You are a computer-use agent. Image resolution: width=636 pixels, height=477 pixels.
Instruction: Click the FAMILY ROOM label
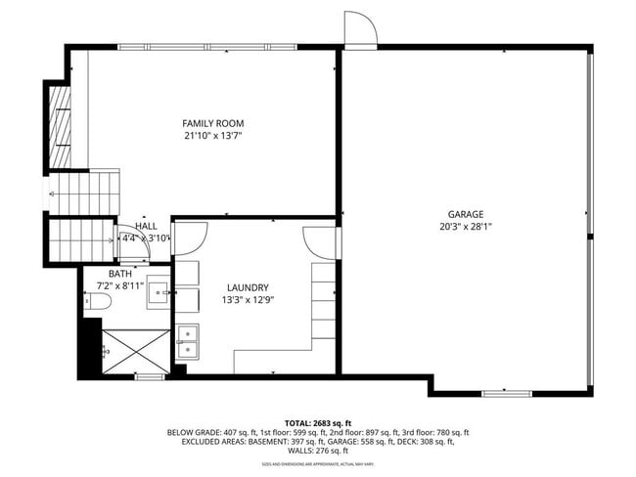(212, 123)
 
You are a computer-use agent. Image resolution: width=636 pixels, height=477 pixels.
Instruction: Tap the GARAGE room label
(466, 214)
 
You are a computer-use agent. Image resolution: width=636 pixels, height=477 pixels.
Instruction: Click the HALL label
(146, 226)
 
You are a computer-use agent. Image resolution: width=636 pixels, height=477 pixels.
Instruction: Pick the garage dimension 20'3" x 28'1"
(466, 227)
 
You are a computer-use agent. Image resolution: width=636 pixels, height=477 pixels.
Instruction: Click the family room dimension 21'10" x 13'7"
(212, 136)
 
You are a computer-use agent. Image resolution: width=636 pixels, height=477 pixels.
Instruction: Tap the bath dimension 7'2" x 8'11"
(120, 285)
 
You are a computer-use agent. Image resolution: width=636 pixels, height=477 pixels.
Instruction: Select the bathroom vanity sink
(159, 294)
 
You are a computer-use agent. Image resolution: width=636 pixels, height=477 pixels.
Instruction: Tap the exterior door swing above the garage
(360, 29)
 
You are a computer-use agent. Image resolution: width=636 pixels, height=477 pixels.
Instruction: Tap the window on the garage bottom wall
(509, 393)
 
